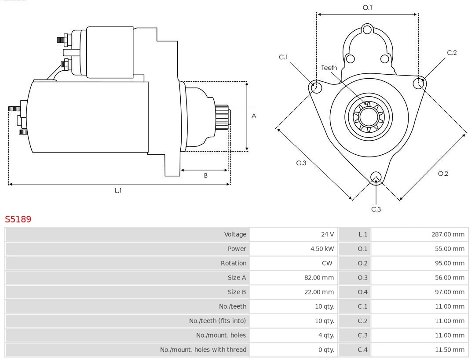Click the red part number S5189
pyautogui.click(x=18, y=219)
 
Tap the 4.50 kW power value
pyautogui.click(x=322, y=249)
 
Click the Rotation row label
pyautogui.click(x=234, y=263)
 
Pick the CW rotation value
pyautogui.click(x=327, y=263)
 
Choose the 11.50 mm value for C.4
pyautogui.click(x=449, y=350)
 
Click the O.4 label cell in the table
pyautogui.click(x=362, y=292)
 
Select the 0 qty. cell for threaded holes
pyautogui.click(x=325, y=350)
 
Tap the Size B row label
pyautogui.click(x=237, y=292)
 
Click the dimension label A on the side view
pyautogui.click(x=254, y=116)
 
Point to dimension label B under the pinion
pyautogui.click(x=205, y=175)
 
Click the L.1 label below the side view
pyautogui.click(x=118, y=190)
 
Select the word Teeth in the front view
pyautogui.click(x=329, y=68)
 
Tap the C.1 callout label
pyautogui.click(x=283, y=57)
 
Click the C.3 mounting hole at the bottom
pyautogui.click(x=376, y=177)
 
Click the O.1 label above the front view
pyautogui.click(x=367, y=7)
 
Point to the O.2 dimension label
pyautogui.click(x=443, y=174)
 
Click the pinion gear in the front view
pyautogui.click(x=369, y=117)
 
